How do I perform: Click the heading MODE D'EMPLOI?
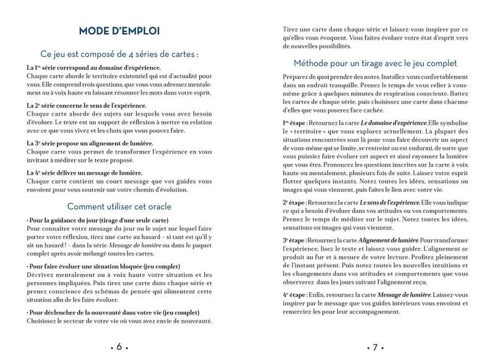[x=119, y=30]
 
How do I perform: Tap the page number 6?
[x=119, y=346]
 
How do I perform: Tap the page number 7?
[x=374, y=346]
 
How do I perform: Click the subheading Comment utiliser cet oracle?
[x=119, y=206]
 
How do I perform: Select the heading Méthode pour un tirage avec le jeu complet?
[x=375, y=63]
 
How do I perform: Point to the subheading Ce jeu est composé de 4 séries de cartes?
[x=119, y=54]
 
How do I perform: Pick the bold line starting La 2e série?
[x=87, y=106]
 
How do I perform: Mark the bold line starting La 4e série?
[x=85, y=173]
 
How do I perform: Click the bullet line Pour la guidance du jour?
[x=89, y=220]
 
